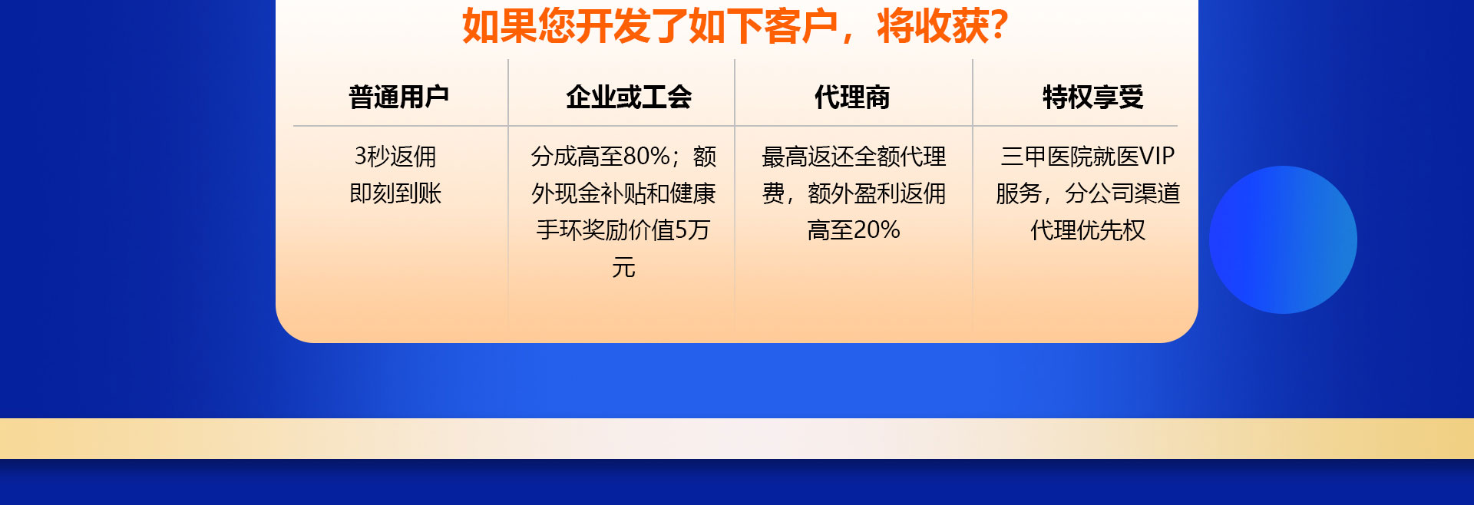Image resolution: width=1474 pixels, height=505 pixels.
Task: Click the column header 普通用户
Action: click(x=398, y=97)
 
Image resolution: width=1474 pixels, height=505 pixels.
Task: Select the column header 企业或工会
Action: click(x=629, y=97)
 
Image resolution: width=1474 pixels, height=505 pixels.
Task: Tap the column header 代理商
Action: click(x=852, y=97)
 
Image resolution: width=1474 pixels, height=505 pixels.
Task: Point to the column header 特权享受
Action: click(x=1093, y=97)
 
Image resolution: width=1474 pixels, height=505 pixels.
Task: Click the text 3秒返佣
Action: click(x=395, y=157)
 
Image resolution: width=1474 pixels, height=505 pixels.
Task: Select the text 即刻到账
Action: click(x=395, y=193)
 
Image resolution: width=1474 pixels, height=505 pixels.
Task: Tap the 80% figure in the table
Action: click(x=647, y=157)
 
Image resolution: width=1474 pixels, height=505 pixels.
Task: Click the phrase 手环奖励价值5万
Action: click(x=623, y=230)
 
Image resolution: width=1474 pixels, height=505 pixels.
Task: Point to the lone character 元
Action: click(x=623, y=268)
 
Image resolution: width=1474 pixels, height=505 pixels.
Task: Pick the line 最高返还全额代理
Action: click(x=854, y=157)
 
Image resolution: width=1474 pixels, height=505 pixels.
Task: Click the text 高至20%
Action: click(x=854, y=230)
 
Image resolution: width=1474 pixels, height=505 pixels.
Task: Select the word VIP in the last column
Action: click(x=1157, y=157)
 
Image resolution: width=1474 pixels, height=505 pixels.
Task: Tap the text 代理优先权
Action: click(x=1088, y=230)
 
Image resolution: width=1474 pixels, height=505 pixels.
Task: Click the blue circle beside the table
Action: click(x=1283, y=239)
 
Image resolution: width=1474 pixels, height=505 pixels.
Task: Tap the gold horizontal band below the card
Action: click(x=737, y=438)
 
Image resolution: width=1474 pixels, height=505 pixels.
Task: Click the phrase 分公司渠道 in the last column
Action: click(x=1122, y=193)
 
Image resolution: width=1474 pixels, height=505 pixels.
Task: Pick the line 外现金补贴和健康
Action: click(x=623, y=193)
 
